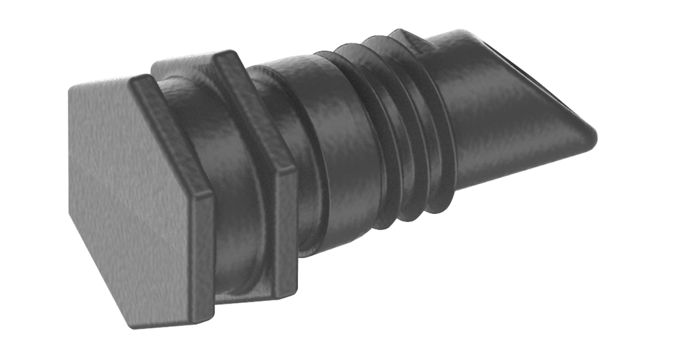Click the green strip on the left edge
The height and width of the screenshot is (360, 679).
pos(20,180)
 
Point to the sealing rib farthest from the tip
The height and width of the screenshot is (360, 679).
pos(346,136)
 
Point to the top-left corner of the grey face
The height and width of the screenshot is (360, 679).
pos(72,92)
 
